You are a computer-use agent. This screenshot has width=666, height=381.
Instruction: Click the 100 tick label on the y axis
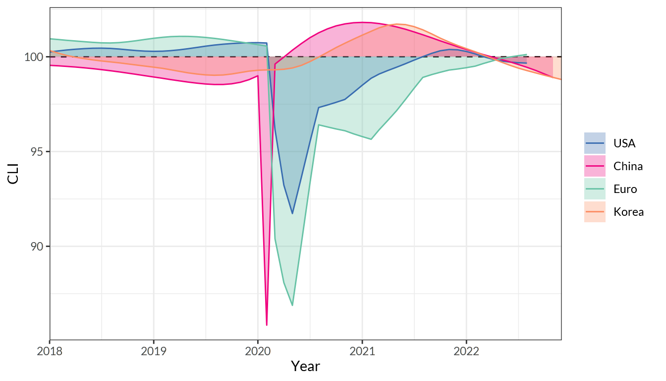[34, 57]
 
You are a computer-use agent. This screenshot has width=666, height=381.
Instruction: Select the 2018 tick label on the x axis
[50, 351]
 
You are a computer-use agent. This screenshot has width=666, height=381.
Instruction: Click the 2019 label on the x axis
[154, 351]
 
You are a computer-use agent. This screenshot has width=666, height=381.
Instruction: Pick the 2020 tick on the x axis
[258, 351]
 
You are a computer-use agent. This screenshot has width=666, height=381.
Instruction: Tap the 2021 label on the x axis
[362, 351]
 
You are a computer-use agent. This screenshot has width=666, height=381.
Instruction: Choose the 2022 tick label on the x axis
[466, 351]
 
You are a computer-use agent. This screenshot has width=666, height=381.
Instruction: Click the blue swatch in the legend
[595, 143]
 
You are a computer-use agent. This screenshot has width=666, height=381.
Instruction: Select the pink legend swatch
[595, 166]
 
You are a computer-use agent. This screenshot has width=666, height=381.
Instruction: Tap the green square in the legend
[595, 189]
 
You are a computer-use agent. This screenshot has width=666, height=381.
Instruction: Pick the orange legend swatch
[595, 211]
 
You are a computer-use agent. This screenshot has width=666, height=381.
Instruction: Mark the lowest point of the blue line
[292, 213]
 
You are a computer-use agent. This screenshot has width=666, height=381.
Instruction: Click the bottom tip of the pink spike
[267, 325]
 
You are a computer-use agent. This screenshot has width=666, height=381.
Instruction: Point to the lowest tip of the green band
[292, 306]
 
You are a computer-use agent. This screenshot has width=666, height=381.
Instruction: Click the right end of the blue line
[526, 63]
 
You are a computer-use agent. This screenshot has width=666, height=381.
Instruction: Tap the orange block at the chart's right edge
[557, 68]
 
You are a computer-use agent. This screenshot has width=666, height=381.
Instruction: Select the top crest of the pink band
[362, 22]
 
